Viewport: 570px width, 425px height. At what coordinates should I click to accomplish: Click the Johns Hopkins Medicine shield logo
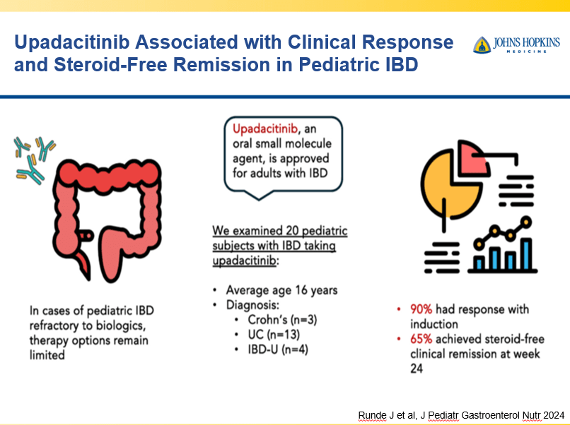482,44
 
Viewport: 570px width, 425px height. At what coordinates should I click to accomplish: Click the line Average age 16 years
281,290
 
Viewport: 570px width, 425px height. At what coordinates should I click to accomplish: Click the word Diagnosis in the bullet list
253,305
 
